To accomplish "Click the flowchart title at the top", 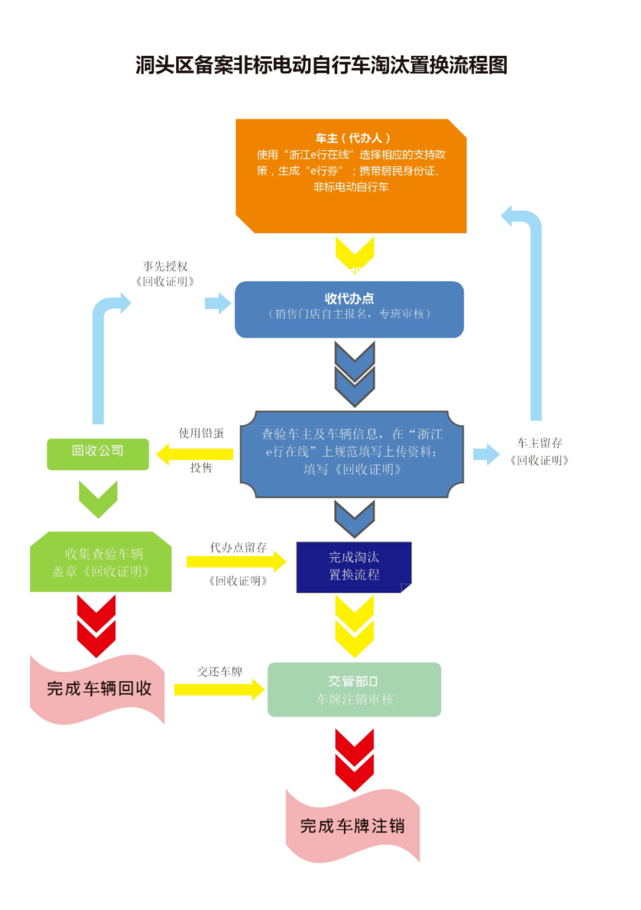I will pos(321,65).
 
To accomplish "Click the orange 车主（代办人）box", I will pos(351,175).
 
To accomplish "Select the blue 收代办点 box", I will pos(349,309).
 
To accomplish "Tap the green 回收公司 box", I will pos(98,454).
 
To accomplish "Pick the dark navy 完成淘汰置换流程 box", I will pos(353,567).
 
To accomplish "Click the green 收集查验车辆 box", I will pos(101,563).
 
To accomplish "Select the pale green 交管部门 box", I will pos(354,690).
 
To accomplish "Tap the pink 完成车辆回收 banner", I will pos(98,689).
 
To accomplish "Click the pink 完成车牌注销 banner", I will pos(352,826).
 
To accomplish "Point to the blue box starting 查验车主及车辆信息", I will pos(352,454).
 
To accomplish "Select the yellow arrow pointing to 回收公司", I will pos(195,454).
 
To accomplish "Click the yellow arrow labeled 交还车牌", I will pos(219,690).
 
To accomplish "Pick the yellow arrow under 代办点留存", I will pos(236,562).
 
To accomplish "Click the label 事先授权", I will pos(165,266).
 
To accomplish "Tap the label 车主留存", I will pos(540,443).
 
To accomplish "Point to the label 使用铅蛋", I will pos(201,433).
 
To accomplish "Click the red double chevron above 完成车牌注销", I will pos(354,759).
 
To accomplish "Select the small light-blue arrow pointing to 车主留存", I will pos(486,454).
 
